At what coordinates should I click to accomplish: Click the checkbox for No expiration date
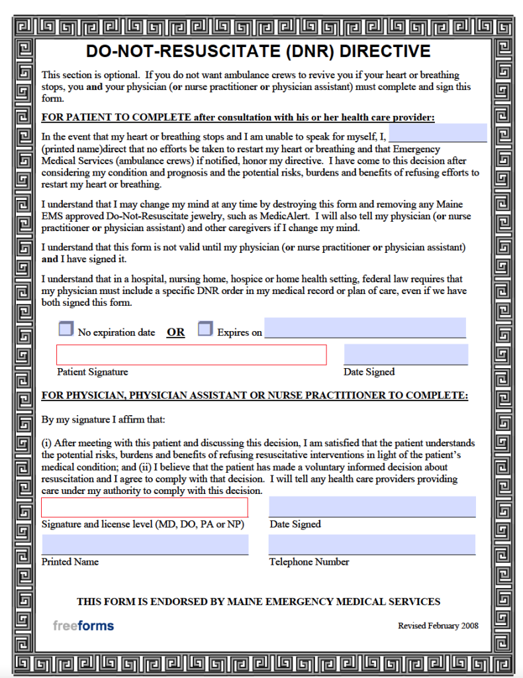pos(66,329)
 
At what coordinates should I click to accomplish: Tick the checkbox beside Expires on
pos(205,329)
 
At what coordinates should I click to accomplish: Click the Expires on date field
pos(365,328)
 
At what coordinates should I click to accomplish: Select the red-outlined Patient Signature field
pos(191,355)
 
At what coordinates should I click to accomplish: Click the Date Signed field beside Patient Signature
pos(406,354)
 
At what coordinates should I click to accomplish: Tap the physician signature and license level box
pos(145,507)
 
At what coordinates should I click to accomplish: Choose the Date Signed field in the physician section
pos(372,507)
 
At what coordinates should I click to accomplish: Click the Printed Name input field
pos(145,545)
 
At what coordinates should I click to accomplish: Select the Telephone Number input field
pos(372,544)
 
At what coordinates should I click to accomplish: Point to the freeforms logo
pos(83,626)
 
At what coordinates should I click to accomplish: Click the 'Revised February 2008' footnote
pos(438,626)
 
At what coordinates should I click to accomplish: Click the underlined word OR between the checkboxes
pos(176,332)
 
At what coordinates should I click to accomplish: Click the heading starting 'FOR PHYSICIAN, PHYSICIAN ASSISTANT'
pos(255,396)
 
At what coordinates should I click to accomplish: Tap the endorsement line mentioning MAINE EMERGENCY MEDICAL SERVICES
pos(258,602)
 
